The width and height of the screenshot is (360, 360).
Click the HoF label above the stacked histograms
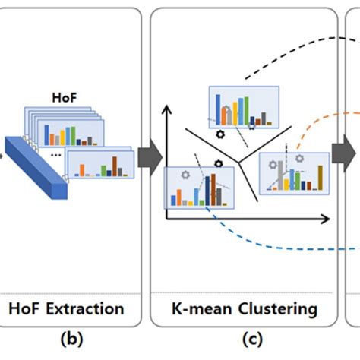click(65, 97)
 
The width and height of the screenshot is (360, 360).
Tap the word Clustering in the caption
click(278, 309)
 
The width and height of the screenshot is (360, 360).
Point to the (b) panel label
click(71, 339)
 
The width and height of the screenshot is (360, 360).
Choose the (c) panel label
click(252, 339)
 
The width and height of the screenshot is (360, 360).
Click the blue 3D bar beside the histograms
click(36, 168)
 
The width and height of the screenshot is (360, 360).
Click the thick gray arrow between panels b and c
click(150, 157)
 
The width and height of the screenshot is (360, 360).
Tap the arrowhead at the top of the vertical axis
click(166, 109)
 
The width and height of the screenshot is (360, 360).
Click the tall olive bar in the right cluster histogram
click(321, 178)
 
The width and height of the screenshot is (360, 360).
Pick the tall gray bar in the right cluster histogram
click(280, 175)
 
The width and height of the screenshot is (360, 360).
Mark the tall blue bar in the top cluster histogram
click(218, 109)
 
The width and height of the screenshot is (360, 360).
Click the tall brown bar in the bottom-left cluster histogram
click(213, 190)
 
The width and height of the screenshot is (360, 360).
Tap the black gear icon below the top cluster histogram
click(220, 134)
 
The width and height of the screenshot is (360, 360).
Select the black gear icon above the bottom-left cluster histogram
click(219, 164)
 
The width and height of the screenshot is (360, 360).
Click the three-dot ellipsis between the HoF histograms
click(55, 155)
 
